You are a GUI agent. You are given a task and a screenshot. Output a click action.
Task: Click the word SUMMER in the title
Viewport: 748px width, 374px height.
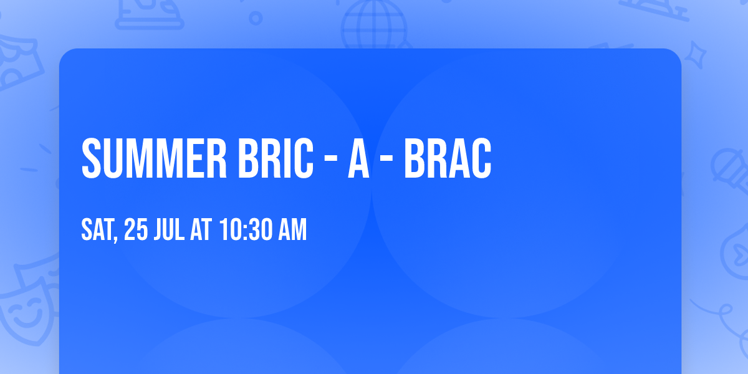[153, 159]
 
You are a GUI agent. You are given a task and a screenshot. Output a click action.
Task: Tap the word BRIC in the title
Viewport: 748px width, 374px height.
[274, 159]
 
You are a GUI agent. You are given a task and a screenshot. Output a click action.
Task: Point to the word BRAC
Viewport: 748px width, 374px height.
[448, 159]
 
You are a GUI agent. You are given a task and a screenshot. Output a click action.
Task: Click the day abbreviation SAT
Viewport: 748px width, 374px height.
[97, 231]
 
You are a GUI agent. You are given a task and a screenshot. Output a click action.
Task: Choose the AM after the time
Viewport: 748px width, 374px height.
[292, 231]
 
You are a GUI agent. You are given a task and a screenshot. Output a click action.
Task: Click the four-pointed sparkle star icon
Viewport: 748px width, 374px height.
[699, 55]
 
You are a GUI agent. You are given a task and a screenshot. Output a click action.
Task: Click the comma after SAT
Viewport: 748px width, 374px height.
[116, 239]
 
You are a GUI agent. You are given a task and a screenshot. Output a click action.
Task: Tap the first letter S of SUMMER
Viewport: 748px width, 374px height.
[92, 159]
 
